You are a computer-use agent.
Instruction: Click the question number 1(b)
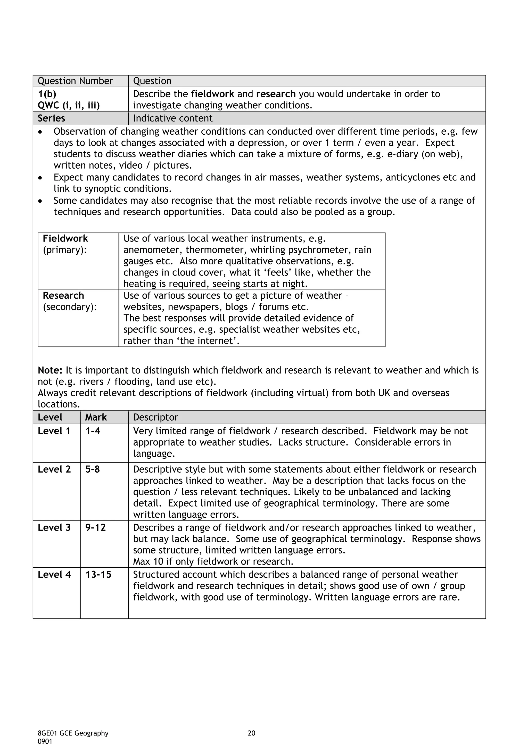point(47,94)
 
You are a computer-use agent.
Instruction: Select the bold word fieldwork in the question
point(212,94)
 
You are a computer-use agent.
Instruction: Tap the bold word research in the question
point(276,94)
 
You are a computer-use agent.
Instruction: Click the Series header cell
point(51,118)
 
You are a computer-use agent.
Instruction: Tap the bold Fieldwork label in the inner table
point(65,238)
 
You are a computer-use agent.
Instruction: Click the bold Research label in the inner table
point(63,295)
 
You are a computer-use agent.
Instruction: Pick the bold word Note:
point(50,370)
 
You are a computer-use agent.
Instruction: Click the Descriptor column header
point(155,417)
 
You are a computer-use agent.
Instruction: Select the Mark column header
point(96,417)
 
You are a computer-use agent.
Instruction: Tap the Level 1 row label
point(54,431)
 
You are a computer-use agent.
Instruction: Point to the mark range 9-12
point(95,528)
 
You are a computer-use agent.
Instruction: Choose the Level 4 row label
point(54,575)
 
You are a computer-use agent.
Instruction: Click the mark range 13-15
point(98,575)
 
